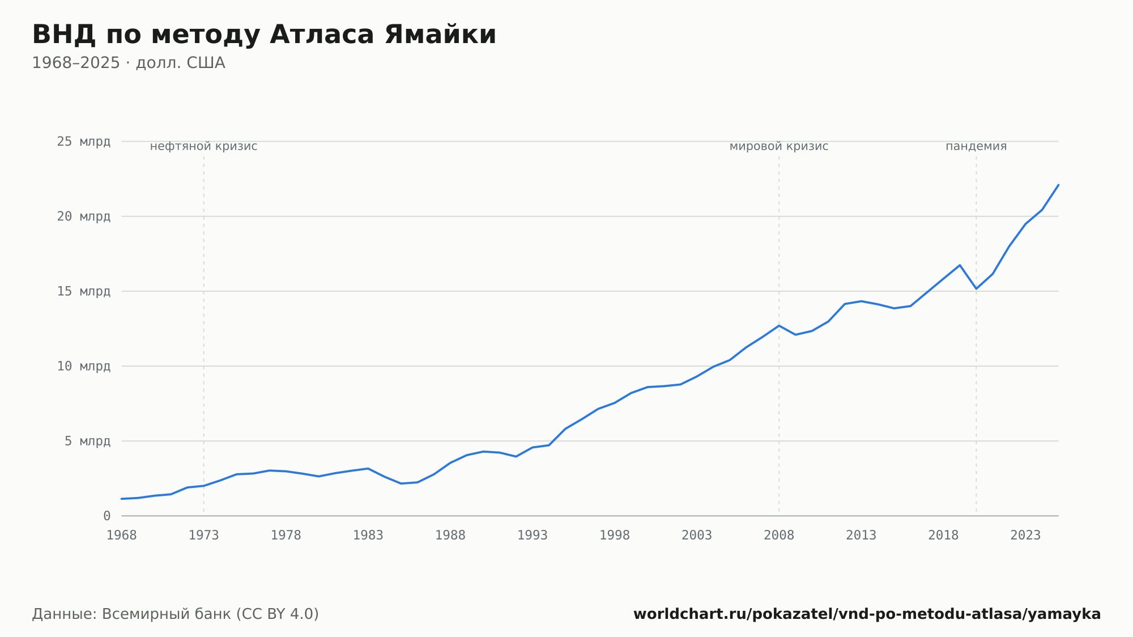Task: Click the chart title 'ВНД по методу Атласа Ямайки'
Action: pyautogui.click(x=264, y=35)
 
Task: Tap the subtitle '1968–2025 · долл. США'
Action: pyautogui.click(x=129, y=63)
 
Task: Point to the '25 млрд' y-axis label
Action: pyautogui.click(x=84, y=142)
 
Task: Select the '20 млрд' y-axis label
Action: pyautogui.click(x=84, y=216)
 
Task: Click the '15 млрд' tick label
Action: pyautogui.click(x=84, y=291)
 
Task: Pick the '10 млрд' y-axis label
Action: pyautogui.click(x=84, y=366)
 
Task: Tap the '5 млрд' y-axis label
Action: pyautogui.click(x=87, y=441)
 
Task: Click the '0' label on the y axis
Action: pyautogui.click(x=107, y=516)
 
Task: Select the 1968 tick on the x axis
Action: pyautogui.click(x=122, y=536)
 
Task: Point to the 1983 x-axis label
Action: pyautogui.click(x=368, y=536)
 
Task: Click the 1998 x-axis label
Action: pyautogui.click(x=615, y=536)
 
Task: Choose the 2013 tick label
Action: pyautogui.click(x=861, y=536)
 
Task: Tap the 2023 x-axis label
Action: pyautogui.click(x=1025, y=536)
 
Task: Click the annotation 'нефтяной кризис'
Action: pyautogui.click(x=204, y=147)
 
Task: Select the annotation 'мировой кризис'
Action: pyautogui.click(x=779, y=147)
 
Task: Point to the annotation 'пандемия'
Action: pyautogui.click(x=976, y=147)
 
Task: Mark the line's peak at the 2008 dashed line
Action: pyautogui.click(x=779, y=325)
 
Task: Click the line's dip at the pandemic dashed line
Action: pyautogui.click(x=976, y=288)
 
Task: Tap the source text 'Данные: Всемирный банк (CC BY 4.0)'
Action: pyautogui.click(x=176, y=614)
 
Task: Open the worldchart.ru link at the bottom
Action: pyautogui.click(x=867, y=614)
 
